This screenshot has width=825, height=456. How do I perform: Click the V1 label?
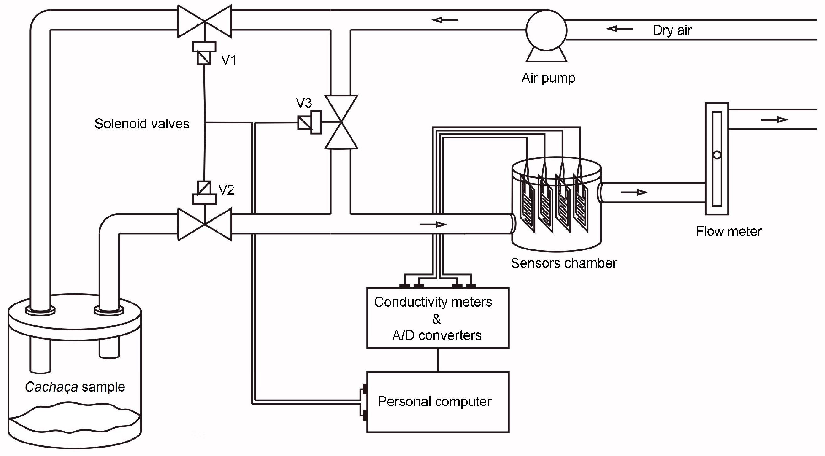[x=229, y=60]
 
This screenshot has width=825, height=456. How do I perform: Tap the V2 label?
[x=226, y=190]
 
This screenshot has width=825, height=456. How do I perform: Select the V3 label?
[x=304, y=103]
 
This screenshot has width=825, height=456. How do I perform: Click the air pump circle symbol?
[x=546, y=30]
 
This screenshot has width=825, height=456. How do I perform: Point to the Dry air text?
[x=672, y=30]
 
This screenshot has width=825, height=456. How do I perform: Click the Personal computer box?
[x=437, y=402]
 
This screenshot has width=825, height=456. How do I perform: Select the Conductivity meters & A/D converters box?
[x=437, y=318]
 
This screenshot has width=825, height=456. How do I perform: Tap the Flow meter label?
[x=729, y=232]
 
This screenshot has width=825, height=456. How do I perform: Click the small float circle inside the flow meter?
[x=717, y=155]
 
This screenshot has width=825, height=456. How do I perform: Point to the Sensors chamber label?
[x=564, y=263]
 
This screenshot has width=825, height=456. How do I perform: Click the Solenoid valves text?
[x=142, y=124]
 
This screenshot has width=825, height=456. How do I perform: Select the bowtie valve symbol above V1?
[x=205, y=21]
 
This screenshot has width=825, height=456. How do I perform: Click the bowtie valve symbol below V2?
[x=205, y=224]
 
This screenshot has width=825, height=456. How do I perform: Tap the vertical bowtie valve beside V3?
[x=341, y=122]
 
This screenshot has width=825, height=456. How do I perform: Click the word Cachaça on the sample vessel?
[x=51, y=387]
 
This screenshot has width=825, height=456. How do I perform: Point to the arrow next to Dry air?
[x=619, y=29]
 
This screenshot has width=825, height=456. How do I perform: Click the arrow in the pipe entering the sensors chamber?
[x=433, y=224]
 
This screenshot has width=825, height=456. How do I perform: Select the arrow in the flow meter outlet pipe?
[x=774, y=120]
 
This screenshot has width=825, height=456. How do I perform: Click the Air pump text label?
[x=548, y=78]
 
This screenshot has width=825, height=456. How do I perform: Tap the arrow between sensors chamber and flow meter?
[x=634, y=192]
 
